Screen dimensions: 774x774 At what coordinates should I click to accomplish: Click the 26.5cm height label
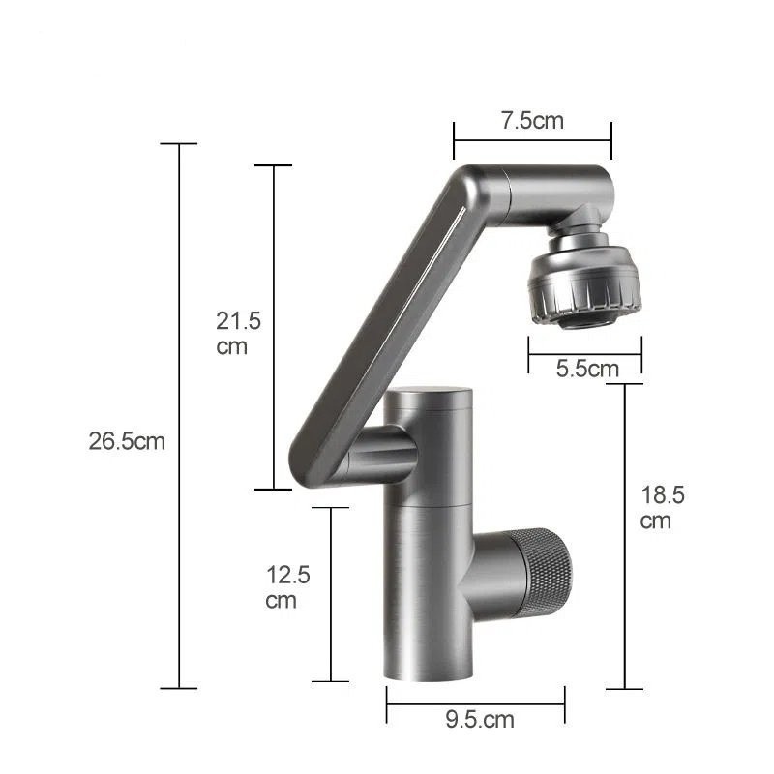click(127, 441)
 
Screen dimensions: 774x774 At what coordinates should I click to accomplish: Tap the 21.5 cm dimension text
click(238, 333)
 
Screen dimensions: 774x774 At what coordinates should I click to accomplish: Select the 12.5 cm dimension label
click(287, 587)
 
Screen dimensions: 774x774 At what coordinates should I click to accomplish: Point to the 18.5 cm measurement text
click(662, 507)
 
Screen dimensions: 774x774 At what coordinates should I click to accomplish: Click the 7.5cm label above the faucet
click(532, 120)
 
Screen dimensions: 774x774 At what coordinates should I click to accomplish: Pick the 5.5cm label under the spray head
click(587, 369)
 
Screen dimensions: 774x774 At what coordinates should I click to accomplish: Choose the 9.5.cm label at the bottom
click(480, 719)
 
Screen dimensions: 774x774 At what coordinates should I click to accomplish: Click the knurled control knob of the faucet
click(543, 573)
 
